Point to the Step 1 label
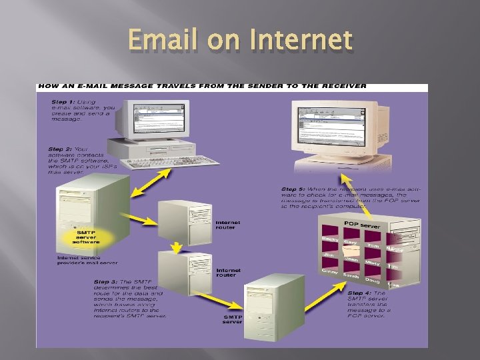tap(65, 101)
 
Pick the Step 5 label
tap(294, 189)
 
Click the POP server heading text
tap(361, 225)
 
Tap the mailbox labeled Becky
tap(331, 239)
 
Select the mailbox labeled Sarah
tap(351, 275)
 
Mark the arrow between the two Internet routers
tap(176, 247)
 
